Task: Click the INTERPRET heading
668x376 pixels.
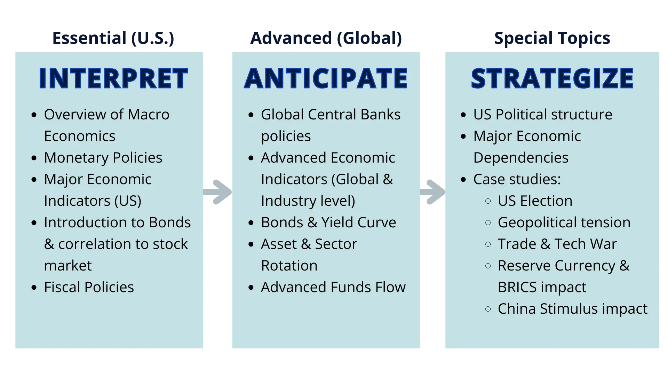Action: tap(113, 78)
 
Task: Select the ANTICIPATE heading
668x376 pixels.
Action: tap(326, 78)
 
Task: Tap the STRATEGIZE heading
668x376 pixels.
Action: tap(552, 78)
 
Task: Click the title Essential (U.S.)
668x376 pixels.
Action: tap(113, 38)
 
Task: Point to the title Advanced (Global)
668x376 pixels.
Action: tap(326, 38)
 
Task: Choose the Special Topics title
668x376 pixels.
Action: tap(552, 38)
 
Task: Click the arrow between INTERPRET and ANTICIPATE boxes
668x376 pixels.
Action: tap(217, 192)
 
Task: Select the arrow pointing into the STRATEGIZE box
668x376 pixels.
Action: tap(432, 192)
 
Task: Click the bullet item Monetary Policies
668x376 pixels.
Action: tap(103, 158)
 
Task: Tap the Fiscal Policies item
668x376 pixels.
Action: tap(89, 287)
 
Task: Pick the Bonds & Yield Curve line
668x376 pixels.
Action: tap(328, 222)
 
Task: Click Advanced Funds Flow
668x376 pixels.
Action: tap(333, 287)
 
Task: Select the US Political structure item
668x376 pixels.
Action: tap(543, 115)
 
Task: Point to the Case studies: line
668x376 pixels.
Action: tap(517, 179)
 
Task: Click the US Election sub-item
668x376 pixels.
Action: tap(535, 201)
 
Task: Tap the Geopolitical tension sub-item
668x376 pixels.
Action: tap(564, 223)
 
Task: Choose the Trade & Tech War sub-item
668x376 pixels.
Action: tap(557, 244)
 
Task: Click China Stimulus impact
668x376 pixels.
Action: tap(573, 309)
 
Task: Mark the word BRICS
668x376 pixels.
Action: tap(517, 287)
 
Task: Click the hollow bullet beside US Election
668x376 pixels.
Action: tap(488, 201)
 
